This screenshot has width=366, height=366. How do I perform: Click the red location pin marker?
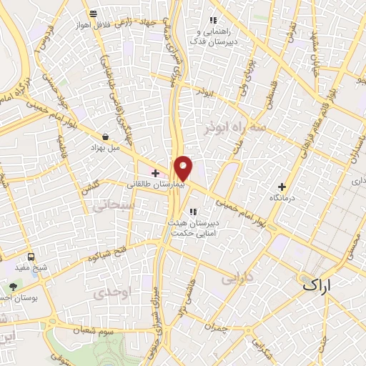point(184,168)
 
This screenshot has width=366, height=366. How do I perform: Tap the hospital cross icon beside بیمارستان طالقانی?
point(155,172)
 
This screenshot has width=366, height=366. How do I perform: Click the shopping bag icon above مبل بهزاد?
point(106,136)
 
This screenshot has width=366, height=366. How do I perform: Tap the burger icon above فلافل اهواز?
point(93,14)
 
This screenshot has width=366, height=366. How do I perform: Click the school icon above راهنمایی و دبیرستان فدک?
point(212,20)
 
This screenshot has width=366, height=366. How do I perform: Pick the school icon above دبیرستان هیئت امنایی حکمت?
point(193,211)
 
